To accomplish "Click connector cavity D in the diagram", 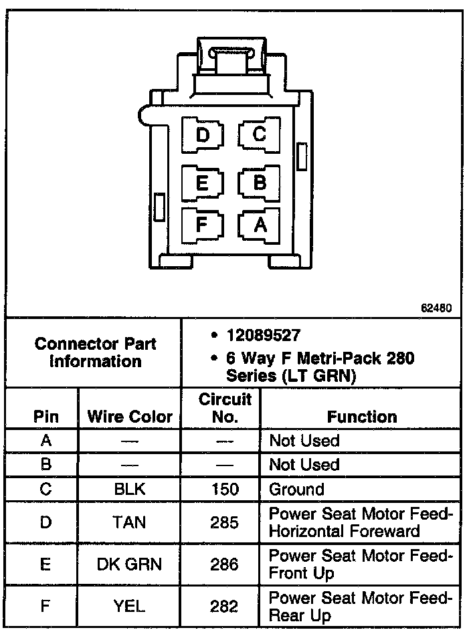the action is click(x=203, y=136).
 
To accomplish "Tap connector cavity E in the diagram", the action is click(x=203, y=182).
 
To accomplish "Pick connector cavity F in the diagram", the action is click(x=203, y=225).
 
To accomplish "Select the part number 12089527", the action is click(x=264, y=334).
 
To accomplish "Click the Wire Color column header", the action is click(x=130, y=417).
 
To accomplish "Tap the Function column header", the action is click(x=362, y=417).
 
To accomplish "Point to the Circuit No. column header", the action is click(x=225, y=408).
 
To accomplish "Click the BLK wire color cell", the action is click(x=130, y=489).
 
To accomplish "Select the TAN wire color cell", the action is click(x=130, y=522).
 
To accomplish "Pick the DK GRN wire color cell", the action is click(x=130, y=564).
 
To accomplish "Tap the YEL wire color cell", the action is click(x=130, y=606).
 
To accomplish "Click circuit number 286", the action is click(x=225, y=564).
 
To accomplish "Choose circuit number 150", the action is click(x=225, y=489).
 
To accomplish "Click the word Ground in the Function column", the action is click(x=296, y=489).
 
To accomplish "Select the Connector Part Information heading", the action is click(x=95, y=352).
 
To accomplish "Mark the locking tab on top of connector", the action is click(x=231, y=57).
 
